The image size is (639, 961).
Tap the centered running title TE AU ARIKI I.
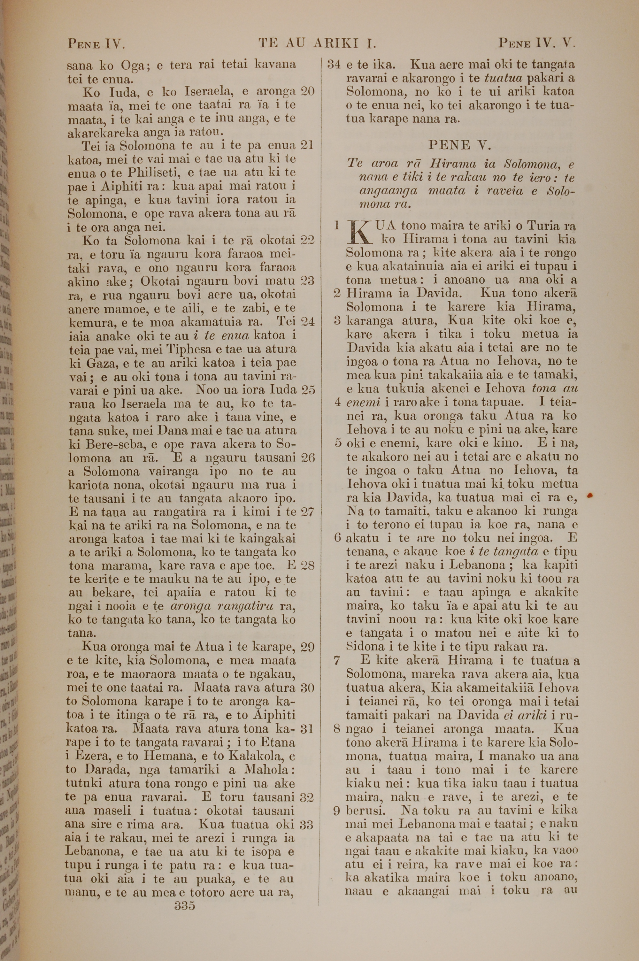click(317, 43)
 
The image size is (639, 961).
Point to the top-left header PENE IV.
click(96, 43)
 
